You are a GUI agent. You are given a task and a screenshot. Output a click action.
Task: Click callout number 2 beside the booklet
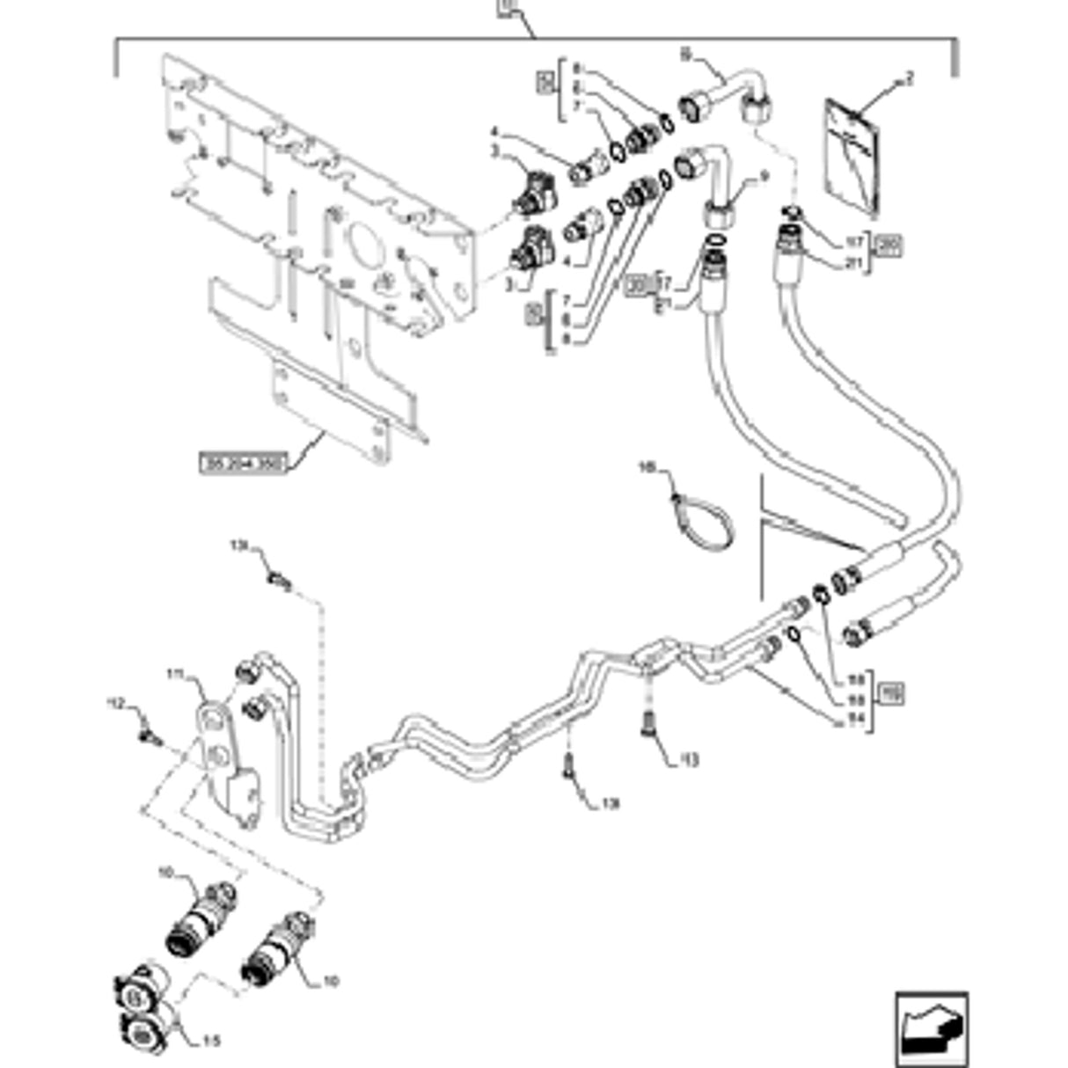[910, 78]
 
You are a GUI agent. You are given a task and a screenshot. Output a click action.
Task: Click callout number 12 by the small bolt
[116, 703]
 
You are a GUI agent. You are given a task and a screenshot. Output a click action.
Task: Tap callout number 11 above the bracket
[174, 675]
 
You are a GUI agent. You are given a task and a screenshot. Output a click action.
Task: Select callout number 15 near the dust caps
[211, 1042]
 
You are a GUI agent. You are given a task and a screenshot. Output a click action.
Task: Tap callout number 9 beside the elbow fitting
[764, 177]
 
